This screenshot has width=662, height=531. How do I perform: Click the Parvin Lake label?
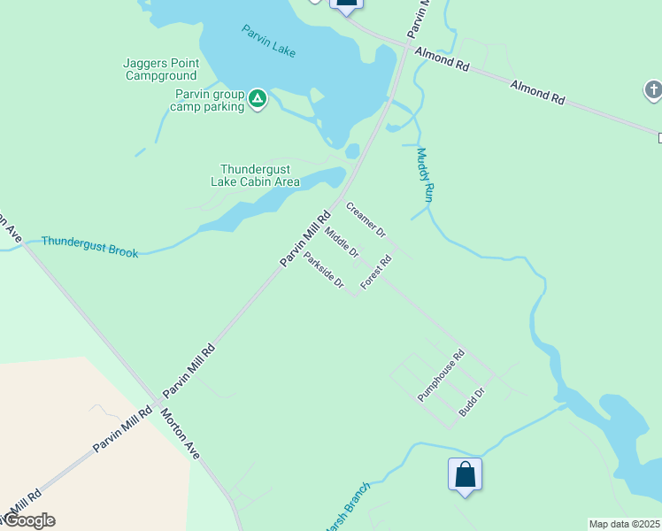(x=269, y=42)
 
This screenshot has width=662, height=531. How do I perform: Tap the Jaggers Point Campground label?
(x=161, y=69)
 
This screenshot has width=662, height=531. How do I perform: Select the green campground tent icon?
(x=258, y=97)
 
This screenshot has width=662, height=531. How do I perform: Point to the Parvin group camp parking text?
(x=208, y=101)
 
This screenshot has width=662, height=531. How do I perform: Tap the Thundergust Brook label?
(x=89, y=246)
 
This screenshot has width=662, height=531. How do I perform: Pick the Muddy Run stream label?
(x=424, y=175)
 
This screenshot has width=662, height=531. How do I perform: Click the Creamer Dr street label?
(x=366, y=220)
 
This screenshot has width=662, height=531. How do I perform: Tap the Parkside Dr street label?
(x=323, y=270)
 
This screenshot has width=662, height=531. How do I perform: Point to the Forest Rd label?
(x=376, y=273)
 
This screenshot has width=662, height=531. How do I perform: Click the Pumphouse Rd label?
(x=442, y=377)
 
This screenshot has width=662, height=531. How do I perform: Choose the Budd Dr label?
(x=472, y=403)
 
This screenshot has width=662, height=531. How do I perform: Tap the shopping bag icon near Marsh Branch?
(x=465, y=474)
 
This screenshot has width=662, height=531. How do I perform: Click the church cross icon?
(x=652, y=89)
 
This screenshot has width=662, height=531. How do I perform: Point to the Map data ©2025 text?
(x=625, y=524)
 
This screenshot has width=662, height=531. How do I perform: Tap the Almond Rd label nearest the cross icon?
(x=537, y=92)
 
